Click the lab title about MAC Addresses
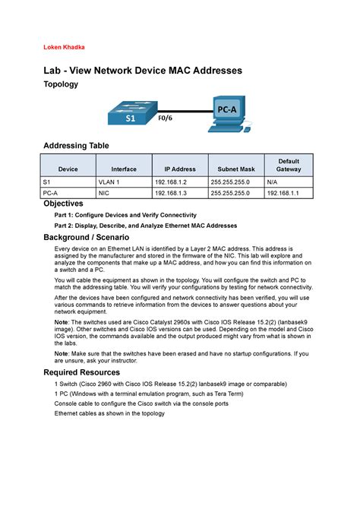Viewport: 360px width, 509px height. click(x=142, y=70)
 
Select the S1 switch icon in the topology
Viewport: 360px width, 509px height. click(x=131, y=114)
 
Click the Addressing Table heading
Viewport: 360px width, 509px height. click(x=76, y=145)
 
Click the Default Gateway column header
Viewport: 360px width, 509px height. click(x=288, y=166)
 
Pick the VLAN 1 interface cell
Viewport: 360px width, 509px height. click(x=109, y=183)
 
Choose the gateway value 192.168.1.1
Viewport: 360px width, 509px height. click(x=282, y=194)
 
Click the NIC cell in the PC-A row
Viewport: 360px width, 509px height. click(x=104, y=194)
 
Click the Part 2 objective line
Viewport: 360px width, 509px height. click(x=145, y=226)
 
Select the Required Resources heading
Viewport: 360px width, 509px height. click(x=81, y=372)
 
